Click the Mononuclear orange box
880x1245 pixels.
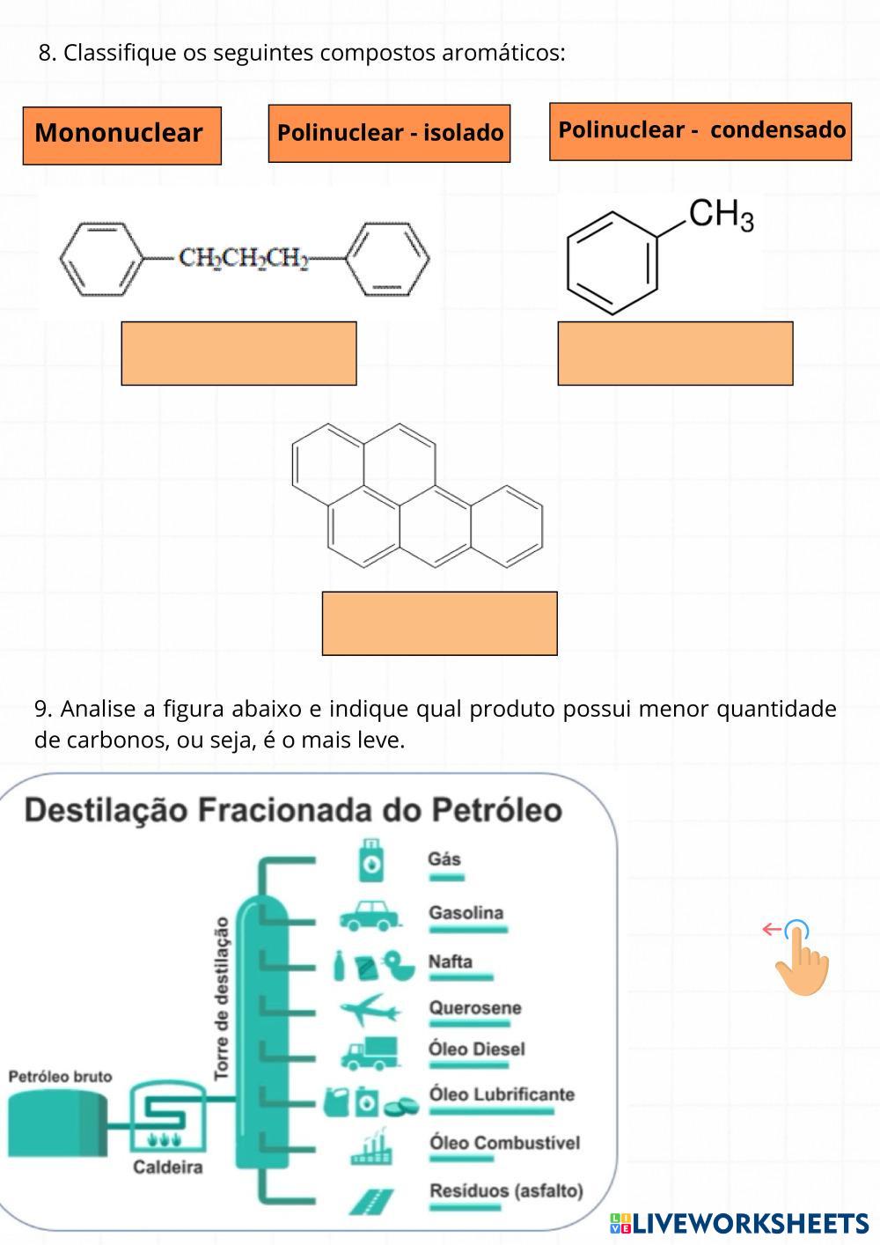pos(122,136)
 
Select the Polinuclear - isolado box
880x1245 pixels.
pos(390,134)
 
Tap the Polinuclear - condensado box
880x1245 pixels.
pos(700,132)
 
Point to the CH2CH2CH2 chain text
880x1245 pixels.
pos(244,259)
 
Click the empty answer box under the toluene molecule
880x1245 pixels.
pos(676,353)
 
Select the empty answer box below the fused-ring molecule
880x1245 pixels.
pos(440,623)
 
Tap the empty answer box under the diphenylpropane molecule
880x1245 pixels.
pos(238,353)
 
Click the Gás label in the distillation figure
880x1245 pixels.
pos(444,859)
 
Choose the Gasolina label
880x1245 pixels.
pos(466,913)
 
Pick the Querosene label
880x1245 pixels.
pos(475,1007)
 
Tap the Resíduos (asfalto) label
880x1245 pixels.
pos(506,1190)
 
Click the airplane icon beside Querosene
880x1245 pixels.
pos(370,1010)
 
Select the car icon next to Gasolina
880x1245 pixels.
pos(370,916)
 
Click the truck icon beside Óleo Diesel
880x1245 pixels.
pos(370,1054)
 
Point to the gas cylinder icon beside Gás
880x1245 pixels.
pos(371,860)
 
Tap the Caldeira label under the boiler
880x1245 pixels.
pos(168,1167)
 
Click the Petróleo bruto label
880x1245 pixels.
pos(61,1077)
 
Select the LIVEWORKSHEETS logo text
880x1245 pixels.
pos(739,1224)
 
